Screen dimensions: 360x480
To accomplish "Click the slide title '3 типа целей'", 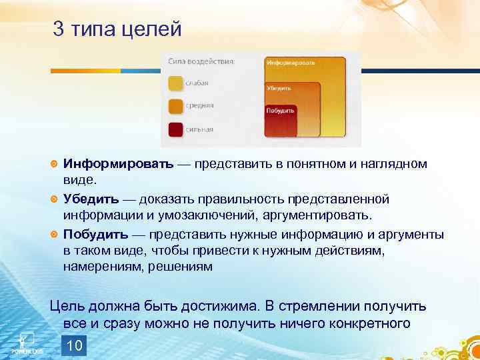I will [117, 30].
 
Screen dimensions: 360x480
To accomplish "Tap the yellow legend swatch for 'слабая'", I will [175, 83].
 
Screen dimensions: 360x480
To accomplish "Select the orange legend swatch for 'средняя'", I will [175, 106].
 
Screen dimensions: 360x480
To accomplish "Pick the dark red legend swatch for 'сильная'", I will [175, 129].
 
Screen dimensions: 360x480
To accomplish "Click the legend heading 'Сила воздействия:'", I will [201, 61].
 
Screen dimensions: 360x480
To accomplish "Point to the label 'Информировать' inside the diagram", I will [291, 63].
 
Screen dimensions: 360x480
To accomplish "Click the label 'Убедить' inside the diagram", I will [278, 87].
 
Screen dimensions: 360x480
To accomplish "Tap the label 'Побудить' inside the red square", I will [280, 110].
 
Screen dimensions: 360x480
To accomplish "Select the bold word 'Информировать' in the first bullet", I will [119, 164].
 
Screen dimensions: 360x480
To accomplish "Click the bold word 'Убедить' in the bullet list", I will [91, 199].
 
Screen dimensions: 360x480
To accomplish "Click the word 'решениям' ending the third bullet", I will [184, 267].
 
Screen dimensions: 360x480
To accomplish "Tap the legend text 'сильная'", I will [200, 129].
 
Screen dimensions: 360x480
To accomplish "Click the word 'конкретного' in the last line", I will [367, 323].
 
